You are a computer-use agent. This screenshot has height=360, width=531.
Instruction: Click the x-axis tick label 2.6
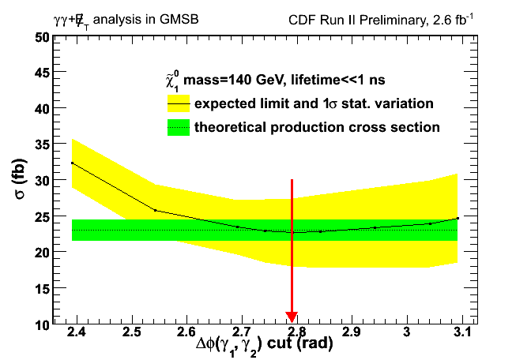pyautogui.click(x=186, y=332)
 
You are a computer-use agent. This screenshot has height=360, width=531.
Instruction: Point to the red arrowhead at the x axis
pyautogui.click(x=292, y=317)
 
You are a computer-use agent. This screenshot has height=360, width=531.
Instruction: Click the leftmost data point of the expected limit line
pyautogui.click(x=72, y=163)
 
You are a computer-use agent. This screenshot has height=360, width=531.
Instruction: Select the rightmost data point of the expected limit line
pyautogui.click(x=458, y=218)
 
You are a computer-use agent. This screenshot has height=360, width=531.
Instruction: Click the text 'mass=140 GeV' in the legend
pyautogui.click(x=225, y=81)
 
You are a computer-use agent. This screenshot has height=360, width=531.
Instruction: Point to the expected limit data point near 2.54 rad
pyautogui.click(x=155, y=210)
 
